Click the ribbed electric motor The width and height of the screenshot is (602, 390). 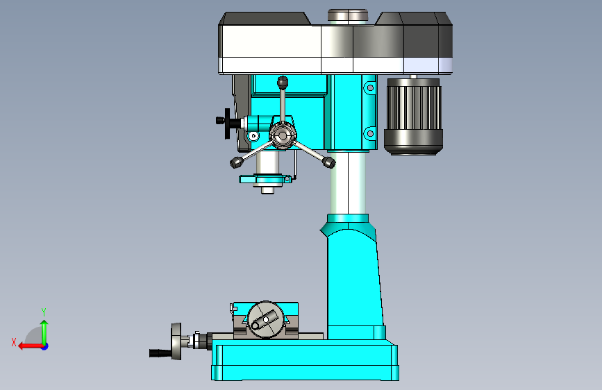click(414, 117)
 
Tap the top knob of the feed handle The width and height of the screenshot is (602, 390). click(283, 82)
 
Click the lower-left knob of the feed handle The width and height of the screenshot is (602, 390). click(236, 162)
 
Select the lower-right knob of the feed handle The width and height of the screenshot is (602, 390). click(329, 162)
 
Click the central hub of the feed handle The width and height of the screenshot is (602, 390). click(283, 135)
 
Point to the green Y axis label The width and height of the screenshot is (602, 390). click(44, 312)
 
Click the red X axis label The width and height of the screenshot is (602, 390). click(14, 342)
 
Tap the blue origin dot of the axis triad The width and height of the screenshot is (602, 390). click(45, 346)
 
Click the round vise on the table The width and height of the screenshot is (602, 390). click(266, 320)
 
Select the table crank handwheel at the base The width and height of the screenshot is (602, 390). click(176, 341)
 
